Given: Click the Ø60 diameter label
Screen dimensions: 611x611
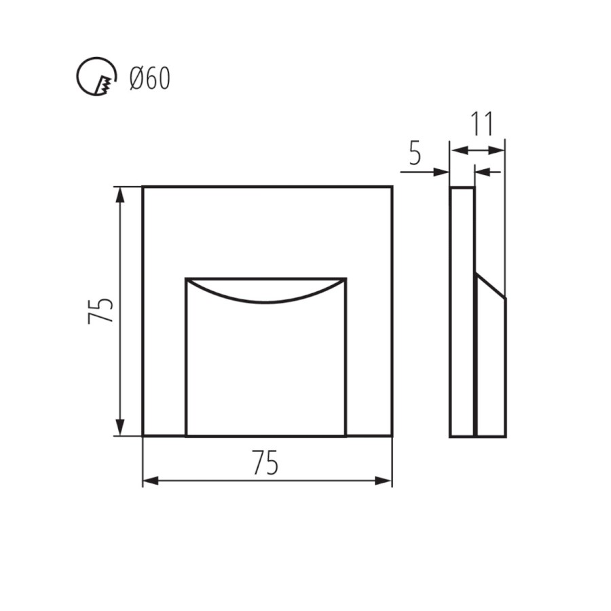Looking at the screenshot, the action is pos(150,78).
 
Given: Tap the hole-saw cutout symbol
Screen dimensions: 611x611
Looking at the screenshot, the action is pos(96,75).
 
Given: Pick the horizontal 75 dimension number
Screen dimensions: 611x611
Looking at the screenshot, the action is pos(265,463).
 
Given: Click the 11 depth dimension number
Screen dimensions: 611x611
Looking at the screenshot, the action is pos(483,124).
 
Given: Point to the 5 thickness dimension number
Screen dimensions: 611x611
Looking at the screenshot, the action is pos(415,154).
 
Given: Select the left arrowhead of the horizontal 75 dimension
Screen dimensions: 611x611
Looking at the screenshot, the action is pos(151,481).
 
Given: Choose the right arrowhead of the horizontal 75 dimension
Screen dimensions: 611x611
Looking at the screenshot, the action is pos(383,481).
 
